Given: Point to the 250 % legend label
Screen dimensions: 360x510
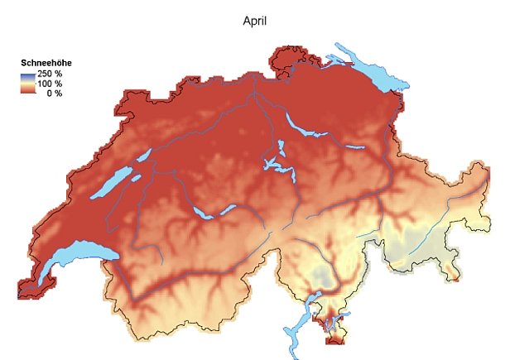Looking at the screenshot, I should tap(50, 75).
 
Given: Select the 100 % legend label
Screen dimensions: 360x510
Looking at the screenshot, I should tap(50, 84).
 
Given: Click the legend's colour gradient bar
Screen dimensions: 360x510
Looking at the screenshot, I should tap(27, 84).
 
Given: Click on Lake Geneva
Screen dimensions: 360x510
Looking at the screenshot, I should tap(70, 257).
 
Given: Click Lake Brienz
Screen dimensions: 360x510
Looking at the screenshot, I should tap(229, 209).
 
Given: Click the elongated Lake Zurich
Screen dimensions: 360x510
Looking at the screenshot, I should tap(302, 127).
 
